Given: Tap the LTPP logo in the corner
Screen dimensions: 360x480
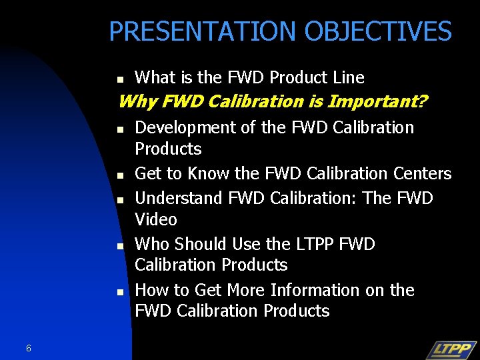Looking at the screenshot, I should click(451, 349).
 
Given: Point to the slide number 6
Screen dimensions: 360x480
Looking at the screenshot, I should click(29, 348).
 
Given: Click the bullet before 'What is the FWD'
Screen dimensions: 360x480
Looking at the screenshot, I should click(121, 79).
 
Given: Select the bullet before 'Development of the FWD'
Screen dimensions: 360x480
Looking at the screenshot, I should click(121, 129).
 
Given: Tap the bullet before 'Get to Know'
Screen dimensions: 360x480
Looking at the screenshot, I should click(121, 175).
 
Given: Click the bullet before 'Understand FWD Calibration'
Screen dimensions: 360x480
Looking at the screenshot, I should click(121, 200).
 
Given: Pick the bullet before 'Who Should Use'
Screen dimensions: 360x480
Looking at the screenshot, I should click(121, 246).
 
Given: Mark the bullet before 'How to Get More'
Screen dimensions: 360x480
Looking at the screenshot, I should click(121, 292).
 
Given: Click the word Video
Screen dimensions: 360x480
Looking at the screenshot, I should click(156, 219).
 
